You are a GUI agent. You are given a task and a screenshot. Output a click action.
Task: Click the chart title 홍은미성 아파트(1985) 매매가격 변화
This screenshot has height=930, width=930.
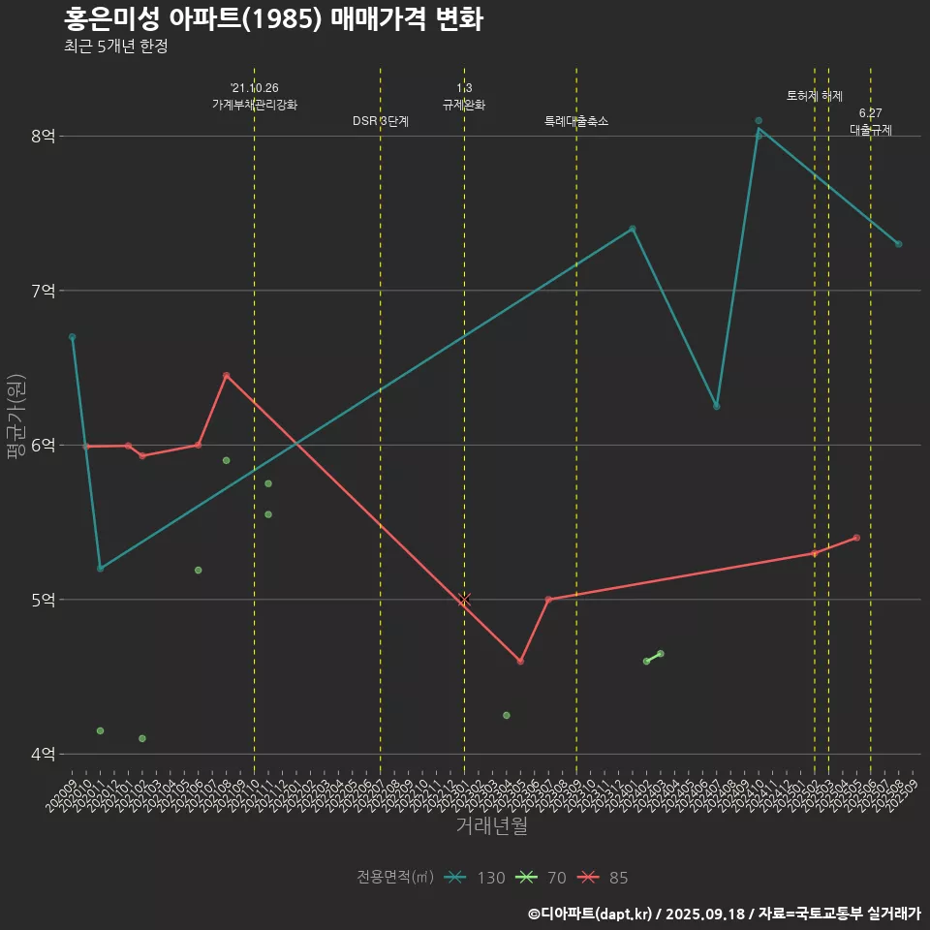(273, 18)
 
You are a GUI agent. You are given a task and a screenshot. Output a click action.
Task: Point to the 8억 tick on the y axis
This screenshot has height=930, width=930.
(43, 136)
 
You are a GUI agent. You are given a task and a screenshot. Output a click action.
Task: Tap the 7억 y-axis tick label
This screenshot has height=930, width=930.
(43, 291)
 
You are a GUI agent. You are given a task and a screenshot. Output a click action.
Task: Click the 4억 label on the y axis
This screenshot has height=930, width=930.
(43, 754)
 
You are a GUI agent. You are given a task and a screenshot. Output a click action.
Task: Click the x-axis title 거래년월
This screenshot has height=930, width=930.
(491, 826)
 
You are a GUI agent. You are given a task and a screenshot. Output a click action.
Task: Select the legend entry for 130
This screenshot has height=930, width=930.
(475, 878)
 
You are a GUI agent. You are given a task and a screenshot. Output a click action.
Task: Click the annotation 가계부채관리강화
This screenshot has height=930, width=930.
(255, 105)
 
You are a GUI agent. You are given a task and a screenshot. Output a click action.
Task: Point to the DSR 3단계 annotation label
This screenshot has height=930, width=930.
(381, 121)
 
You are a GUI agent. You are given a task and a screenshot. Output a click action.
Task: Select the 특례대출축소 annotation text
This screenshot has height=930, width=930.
(576, 121)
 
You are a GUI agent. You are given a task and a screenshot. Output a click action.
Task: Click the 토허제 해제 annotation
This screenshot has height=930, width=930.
(815, 96)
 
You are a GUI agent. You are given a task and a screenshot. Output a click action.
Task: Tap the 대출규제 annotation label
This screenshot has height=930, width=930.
(871, 129)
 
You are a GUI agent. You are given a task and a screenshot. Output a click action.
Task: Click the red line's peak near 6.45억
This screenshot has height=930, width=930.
(226, 375)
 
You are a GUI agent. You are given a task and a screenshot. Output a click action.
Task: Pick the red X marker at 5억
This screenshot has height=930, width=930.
(464, 600)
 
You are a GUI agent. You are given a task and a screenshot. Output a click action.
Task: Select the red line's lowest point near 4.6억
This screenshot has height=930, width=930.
(520, 662)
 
